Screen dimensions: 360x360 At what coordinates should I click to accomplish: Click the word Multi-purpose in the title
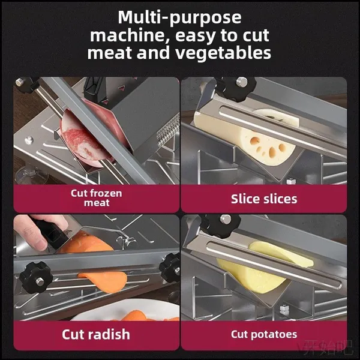(x=179, y=17)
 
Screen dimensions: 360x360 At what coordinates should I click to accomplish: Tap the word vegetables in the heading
(x=223, y=53)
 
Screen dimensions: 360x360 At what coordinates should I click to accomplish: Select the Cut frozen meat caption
(x=97, y=198)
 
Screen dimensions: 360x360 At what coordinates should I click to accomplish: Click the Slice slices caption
(x=264, y=199)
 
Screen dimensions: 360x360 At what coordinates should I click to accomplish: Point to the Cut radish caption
(x=96, y=334)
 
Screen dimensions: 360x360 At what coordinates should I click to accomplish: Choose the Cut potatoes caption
(x=264, y=335)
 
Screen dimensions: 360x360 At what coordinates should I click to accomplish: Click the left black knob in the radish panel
(x=36, y=277)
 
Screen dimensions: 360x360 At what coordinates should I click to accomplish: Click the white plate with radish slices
(x=126, y=310)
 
